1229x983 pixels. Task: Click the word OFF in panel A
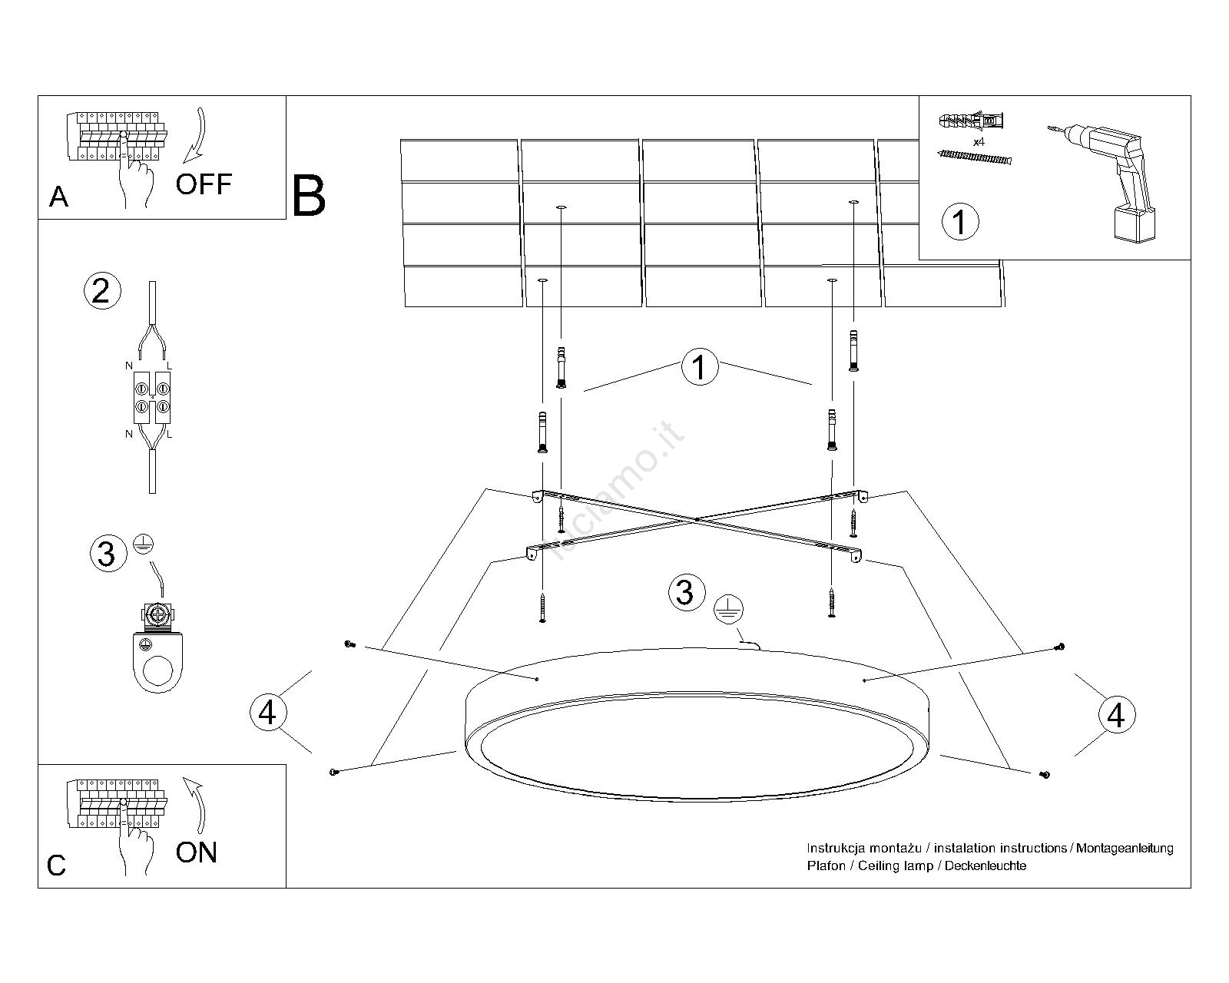[x=204, y=184]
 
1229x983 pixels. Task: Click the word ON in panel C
[x=197, y=852]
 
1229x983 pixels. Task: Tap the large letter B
[x=309, y=197]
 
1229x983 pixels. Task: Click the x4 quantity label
[x=979, y=142]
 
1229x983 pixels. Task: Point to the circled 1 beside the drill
[x=959, y=222]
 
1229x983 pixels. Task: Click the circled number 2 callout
[x=101, y=291]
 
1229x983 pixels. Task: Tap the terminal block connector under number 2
[x=152, y=397]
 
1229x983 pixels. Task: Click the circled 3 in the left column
[x=107, y=553]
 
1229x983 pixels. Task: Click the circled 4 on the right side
[x=1115, y=715]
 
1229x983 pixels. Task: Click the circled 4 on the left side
[x=267, y=713]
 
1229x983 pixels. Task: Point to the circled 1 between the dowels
[x=699, y=368]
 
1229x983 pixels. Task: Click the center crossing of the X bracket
[x=695, y=520]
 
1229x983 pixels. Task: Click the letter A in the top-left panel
[x=58, y=197]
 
